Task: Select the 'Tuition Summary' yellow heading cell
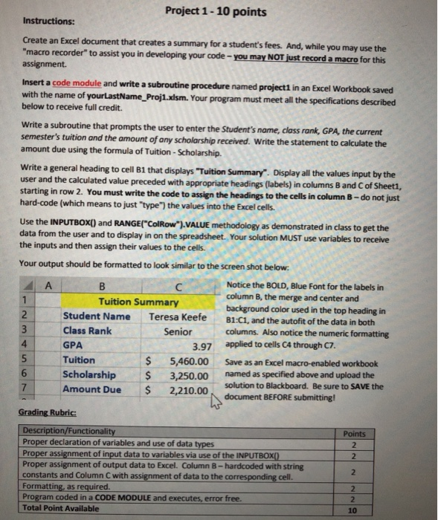tap(139, 302)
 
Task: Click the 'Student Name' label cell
tap(96, 316)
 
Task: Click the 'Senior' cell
tap(178, 331)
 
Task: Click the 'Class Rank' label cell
tap(88, 331)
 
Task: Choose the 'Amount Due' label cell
tap(91, 389)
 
